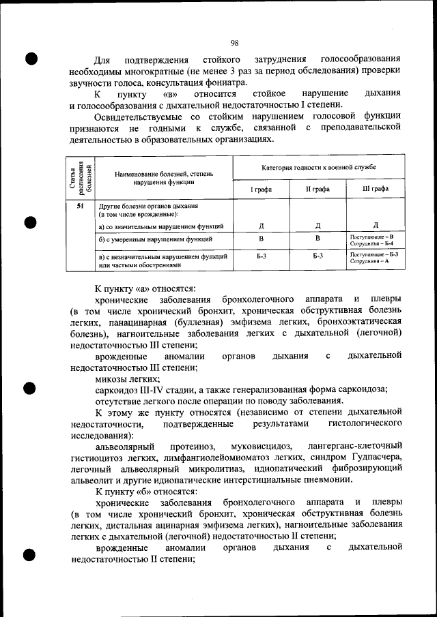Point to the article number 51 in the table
pyautogui.click(x=81, y=205)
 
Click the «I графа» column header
pyautogui.click(x=260, y=189)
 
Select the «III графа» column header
pyautogui.click(x=376, y=189)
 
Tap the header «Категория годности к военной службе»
pyautogui.click(x=318, y=167)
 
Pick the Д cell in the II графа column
pyautogui.click(x=318, y=226)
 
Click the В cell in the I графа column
pyautogui.click(x=260, y=239)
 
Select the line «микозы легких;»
pyautogui.click(x=128, y=378)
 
